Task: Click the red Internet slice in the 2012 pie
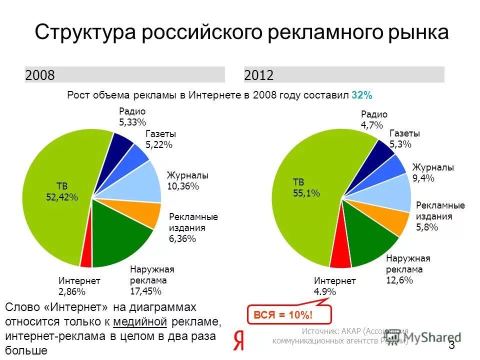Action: pyautogui.click(x=340, y=259)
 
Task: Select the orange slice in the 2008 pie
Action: pyautogui.click(x=145, y=213)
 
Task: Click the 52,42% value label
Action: pyautogui.click(x=62, y=197)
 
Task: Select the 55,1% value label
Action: pyautogui.click(x=306, y=193)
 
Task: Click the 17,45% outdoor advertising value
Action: pyautogui.click(x=145, y=291)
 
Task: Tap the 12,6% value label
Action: pyautogui.click(x=399, y=280)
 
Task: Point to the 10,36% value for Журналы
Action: pyautogui.click(x=183, y=186)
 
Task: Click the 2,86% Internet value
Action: pyautogui.click(x=72, y=292)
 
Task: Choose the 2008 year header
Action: pyautogui.click(x=40, y=75)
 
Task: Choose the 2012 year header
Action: pyautogui.click(x=259, y=75)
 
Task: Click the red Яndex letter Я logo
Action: pyautogui.click(x=239, y=340)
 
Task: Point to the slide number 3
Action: pyautogui.click(x=452, y=345)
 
